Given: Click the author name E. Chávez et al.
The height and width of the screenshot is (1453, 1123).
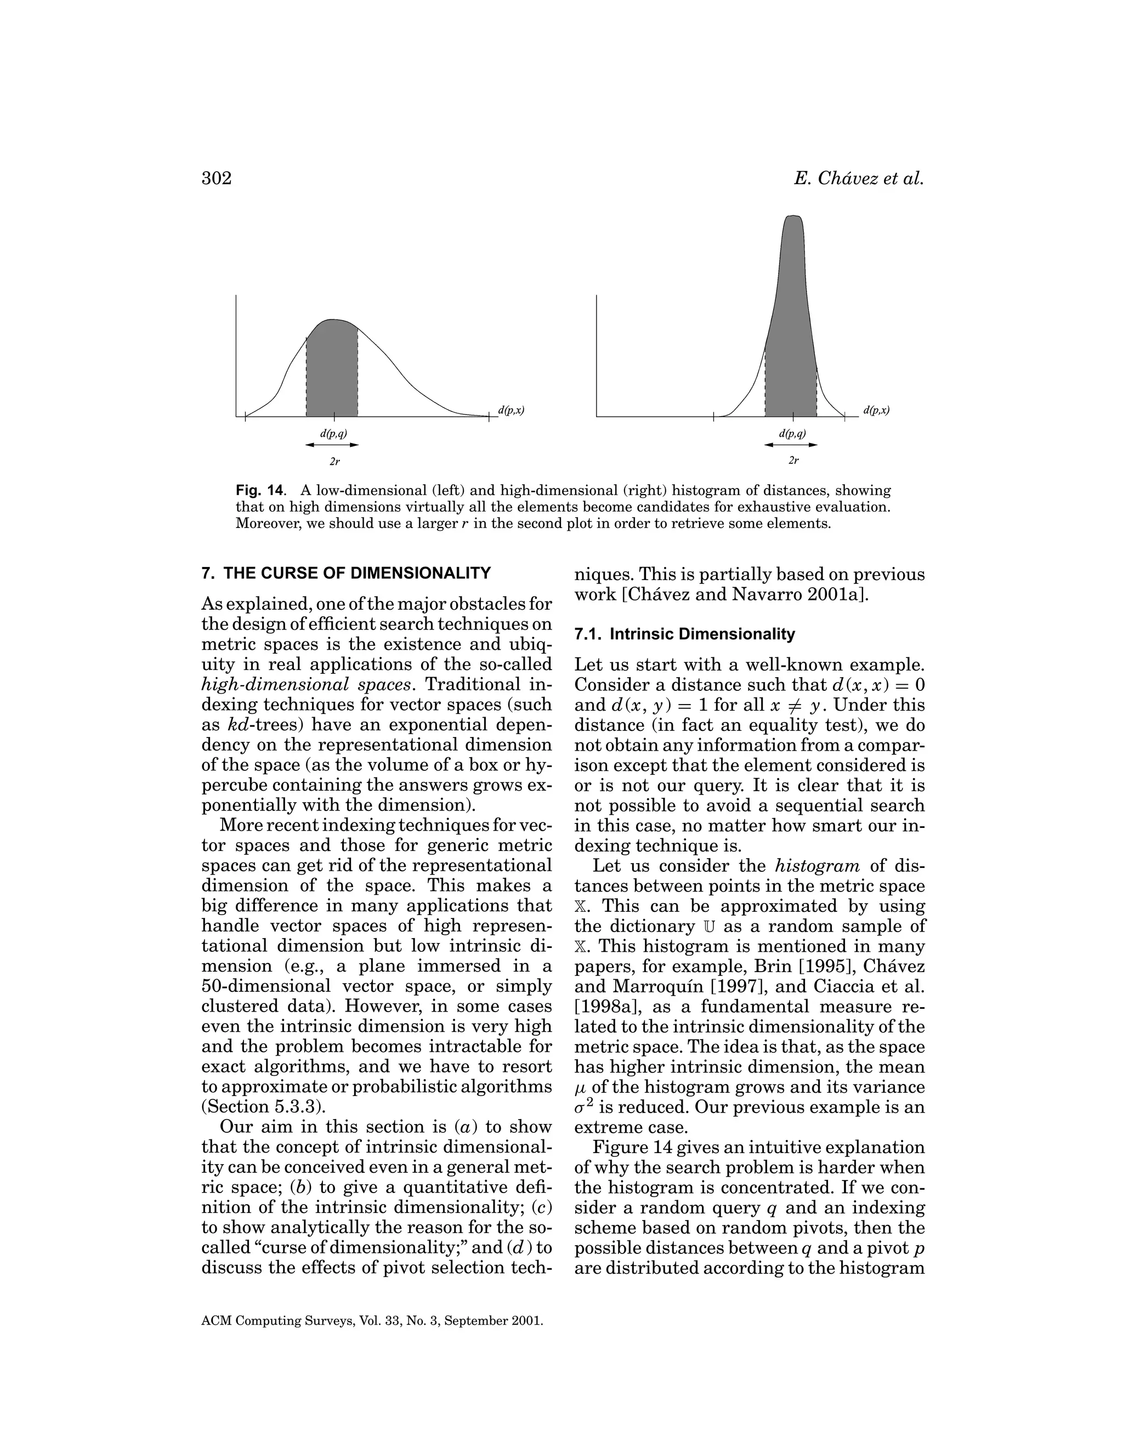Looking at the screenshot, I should pos(859,179).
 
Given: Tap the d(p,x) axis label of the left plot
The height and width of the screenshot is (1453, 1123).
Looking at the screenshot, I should pos(511,411).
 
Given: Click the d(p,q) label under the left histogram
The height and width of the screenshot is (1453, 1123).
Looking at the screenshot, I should pos(333,433).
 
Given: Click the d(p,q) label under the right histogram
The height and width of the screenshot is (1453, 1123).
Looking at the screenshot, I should pos(792,433).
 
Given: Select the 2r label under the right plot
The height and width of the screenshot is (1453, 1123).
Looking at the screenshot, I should pos(792,461).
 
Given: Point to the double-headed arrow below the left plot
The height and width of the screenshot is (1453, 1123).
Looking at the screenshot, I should pos(332,445).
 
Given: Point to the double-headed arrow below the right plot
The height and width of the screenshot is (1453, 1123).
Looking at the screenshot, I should pos(791,445).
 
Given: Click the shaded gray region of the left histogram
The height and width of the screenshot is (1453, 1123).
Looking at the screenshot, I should pos(332,372).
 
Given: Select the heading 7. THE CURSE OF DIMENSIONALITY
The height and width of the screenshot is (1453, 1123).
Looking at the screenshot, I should pos(346,573).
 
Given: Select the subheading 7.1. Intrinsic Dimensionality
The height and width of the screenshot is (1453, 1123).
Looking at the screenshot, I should pos(684,634).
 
